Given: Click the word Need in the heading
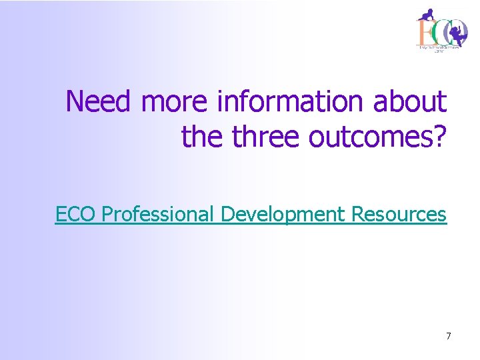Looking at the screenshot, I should pyautogui.click(x=101, y=101).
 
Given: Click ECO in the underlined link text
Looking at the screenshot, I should pyautogui.click(x=77, y=215).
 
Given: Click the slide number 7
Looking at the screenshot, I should pyautogui.click(x=449, y=336).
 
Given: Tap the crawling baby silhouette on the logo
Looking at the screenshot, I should pyautogui.click(x=426, y=14).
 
